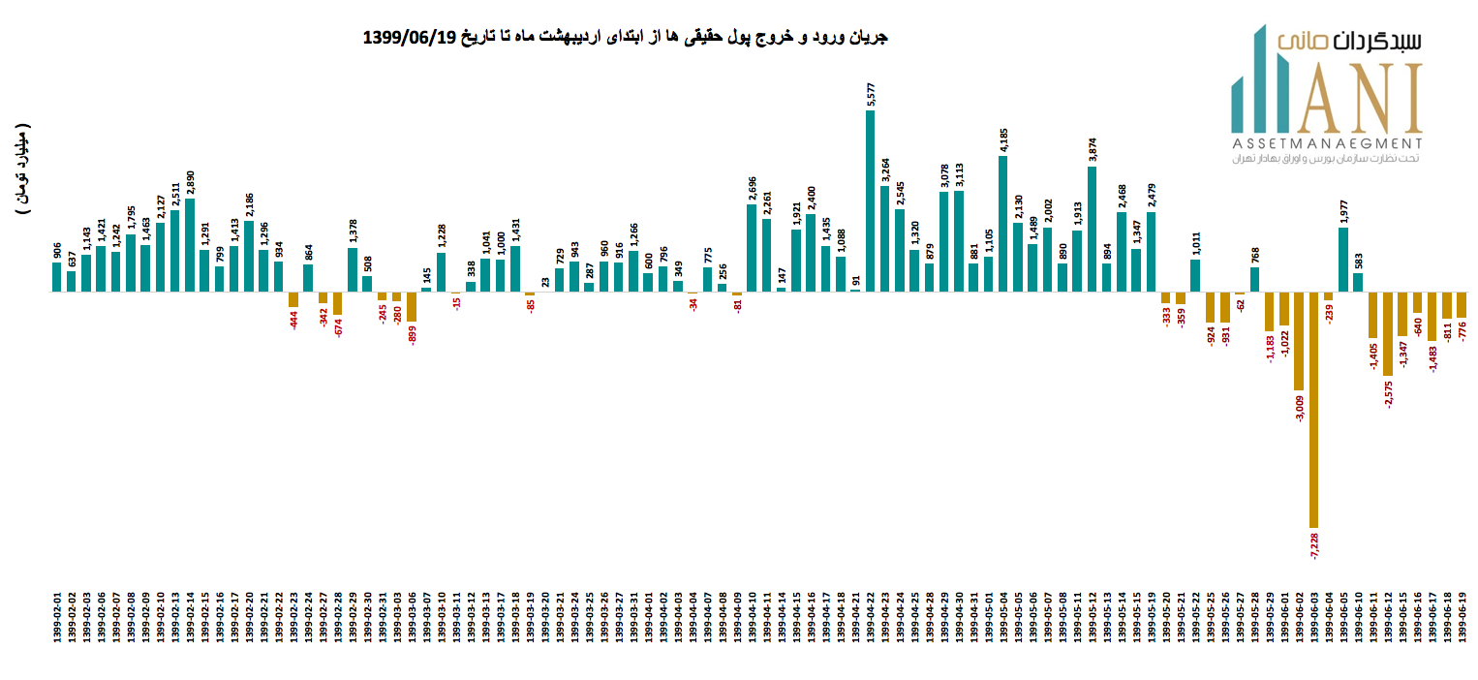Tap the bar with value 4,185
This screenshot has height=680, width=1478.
click(x=1002, y=224)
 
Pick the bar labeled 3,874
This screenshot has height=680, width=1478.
click(x=1092, y=229)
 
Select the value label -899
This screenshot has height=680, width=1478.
click(x=412, y=335)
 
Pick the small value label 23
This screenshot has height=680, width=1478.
click(x=544, y=282)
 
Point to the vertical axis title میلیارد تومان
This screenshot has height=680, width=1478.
click(x=23, y=170)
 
